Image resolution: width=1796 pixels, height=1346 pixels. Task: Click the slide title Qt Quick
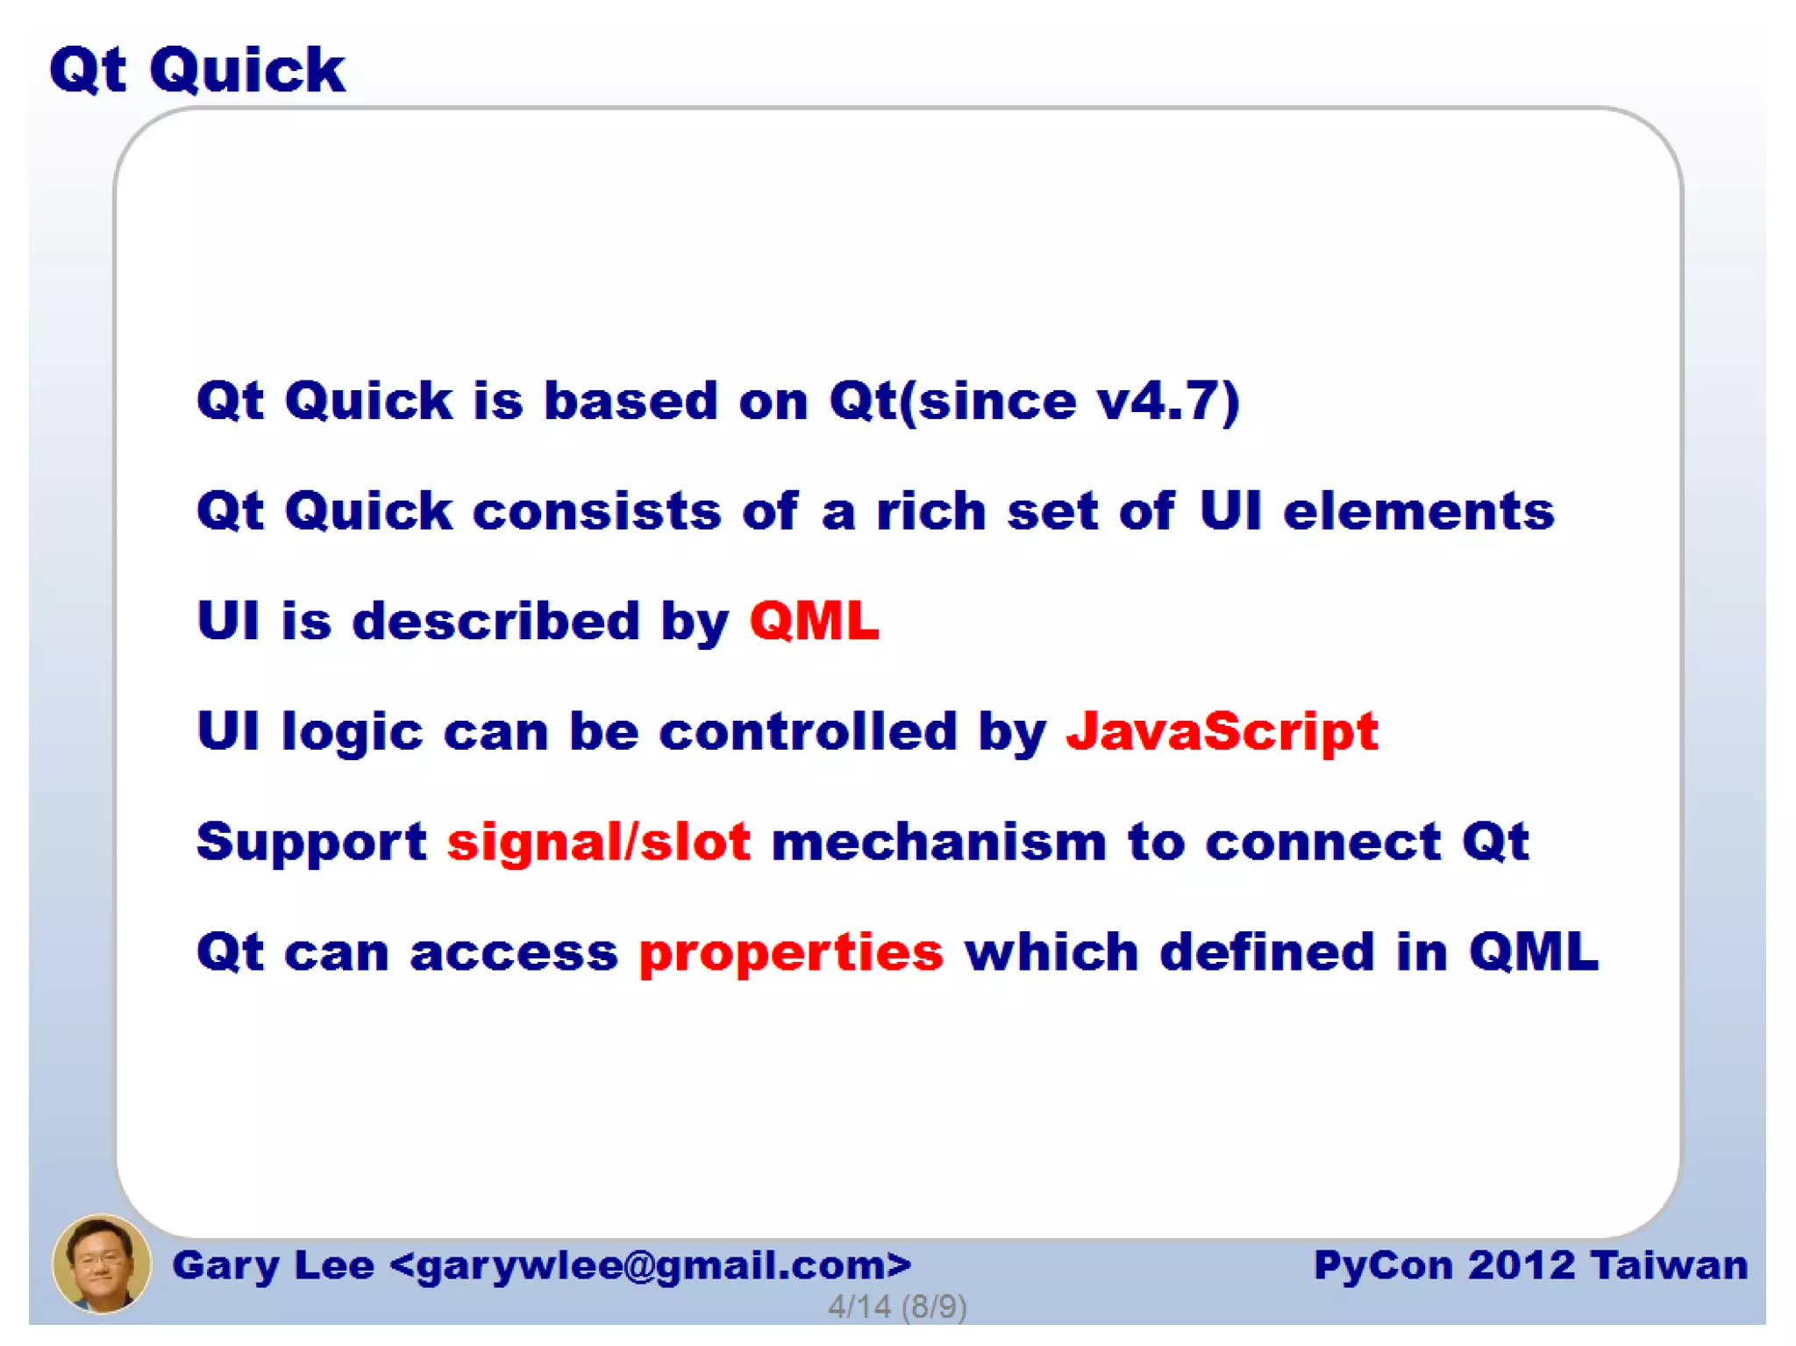[197, 70]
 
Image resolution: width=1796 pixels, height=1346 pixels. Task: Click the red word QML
[814, 622]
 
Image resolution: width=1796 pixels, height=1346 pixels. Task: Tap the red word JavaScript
[1222, 732]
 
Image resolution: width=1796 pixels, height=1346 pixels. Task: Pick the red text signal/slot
[599, 843]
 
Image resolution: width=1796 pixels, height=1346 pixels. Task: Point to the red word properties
[791, 953]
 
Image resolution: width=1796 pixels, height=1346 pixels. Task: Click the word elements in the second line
[1418, 511]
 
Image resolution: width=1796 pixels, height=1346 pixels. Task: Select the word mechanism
[938, 843]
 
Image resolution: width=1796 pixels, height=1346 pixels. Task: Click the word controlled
[808, 732]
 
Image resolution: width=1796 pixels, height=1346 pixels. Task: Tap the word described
[496, 622]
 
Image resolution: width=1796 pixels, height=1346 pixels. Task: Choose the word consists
[596, 511]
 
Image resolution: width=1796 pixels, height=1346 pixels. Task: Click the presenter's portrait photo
[101, 1264]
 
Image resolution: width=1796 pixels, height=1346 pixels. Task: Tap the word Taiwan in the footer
[1669, 1265]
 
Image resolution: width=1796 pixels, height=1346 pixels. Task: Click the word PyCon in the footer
[1383, 1265]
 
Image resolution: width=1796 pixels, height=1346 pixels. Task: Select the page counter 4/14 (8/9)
[897, 1307]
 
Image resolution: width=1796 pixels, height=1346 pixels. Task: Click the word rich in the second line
[931, 511]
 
